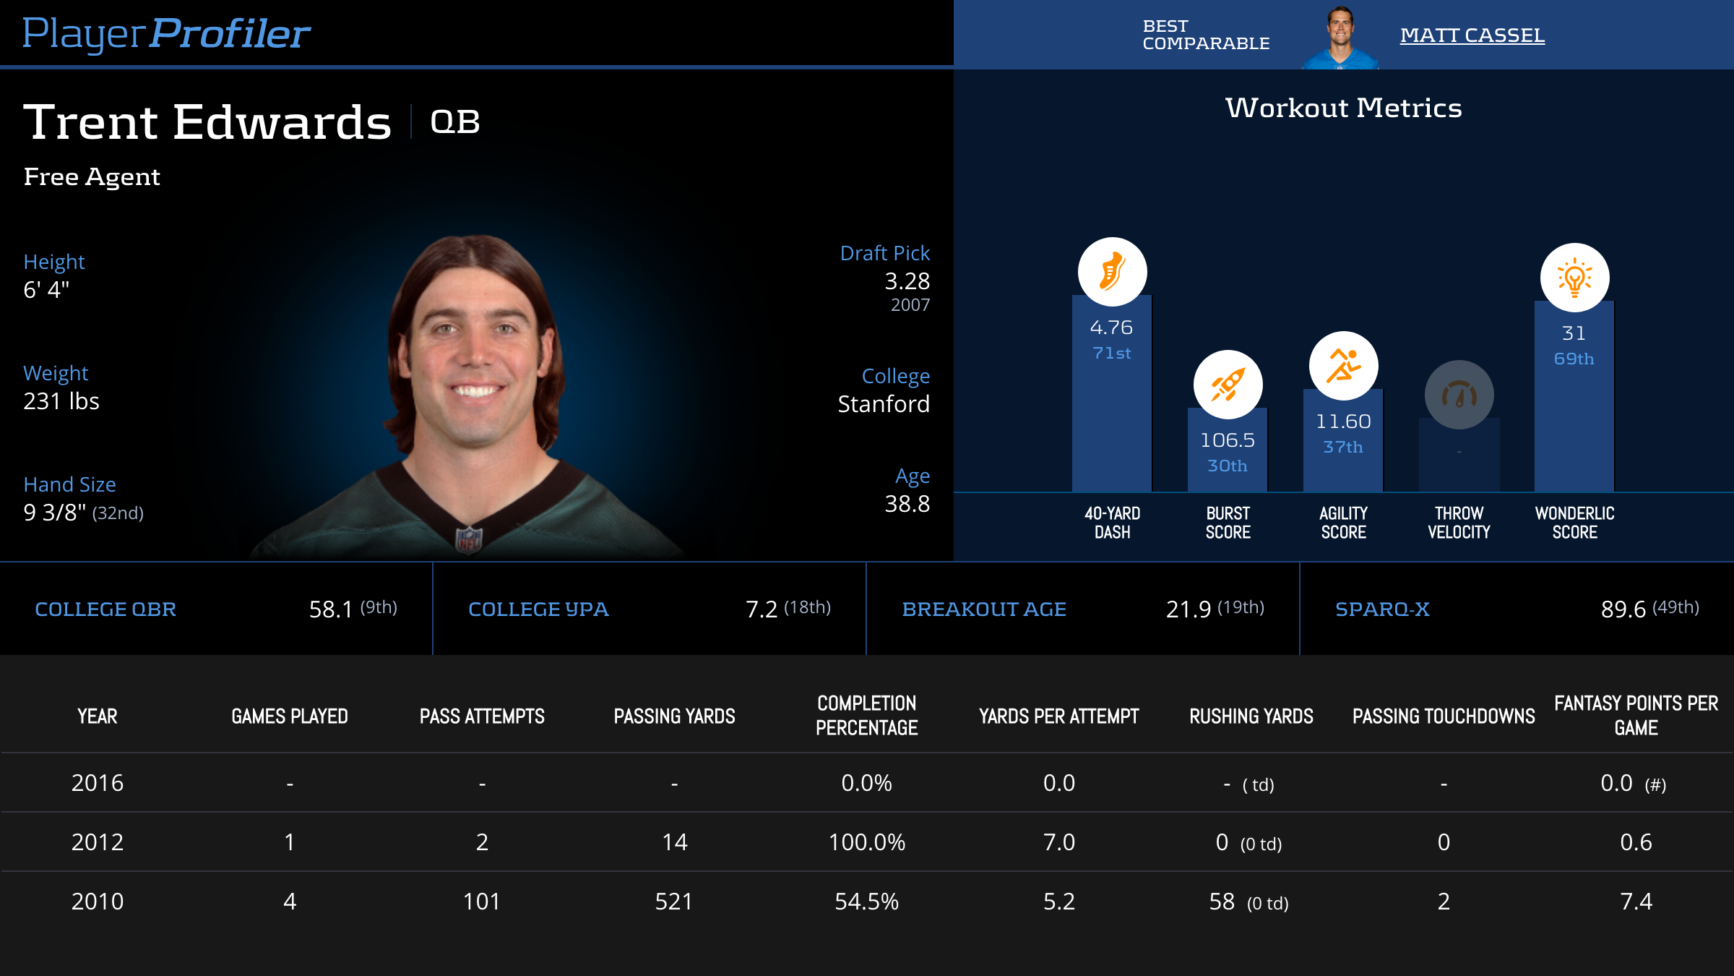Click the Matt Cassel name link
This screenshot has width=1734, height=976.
[1472, 35]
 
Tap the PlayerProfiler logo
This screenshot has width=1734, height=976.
[166, 33]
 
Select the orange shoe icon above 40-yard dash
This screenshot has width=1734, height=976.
[1112, 272]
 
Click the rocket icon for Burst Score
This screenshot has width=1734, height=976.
[1228, 385]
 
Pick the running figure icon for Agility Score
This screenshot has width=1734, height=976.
[1343, 366]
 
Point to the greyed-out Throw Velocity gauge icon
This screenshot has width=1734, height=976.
[1459, 395]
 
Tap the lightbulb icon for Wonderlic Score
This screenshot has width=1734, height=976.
[1574, 278]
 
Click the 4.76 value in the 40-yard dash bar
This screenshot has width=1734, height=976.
[1111, 328]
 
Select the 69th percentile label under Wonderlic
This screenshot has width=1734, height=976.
[1574, 359]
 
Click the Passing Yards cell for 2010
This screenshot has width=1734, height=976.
[673, 902]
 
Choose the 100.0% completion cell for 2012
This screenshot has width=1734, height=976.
[866, 842]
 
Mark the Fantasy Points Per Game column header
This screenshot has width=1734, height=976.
[1636, 715]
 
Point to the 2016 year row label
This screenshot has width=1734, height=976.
[98, 783]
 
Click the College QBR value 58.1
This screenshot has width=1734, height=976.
[331, 609]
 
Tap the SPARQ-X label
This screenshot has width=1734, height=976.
[1382, 609]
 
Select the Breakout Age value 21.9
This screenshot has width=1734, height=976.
[1188, 609]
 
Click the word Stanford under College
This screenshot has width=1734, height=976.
[883, 403]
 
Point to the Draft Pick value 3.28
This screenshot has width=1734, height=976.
[907, 281]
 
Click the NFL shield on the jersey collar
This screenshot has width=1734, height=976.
[469, 539]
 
